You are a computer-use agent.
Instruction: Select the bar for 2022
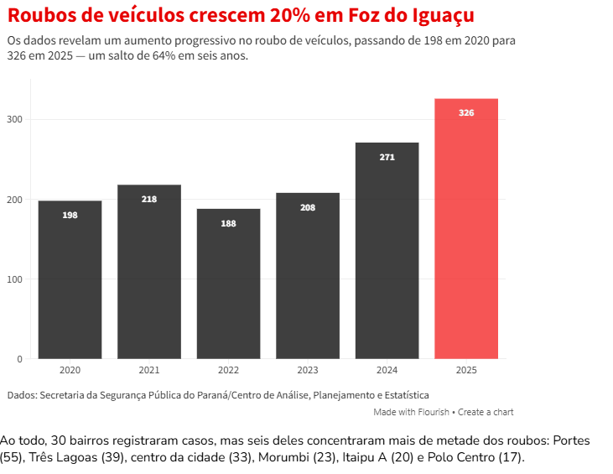[228, 285]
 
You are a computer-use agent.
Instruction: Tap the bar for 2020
[70, 281]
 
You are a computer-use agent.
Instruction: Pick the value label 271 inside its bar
[387, 157]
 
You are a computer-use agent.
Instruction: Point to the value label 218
[149, 199]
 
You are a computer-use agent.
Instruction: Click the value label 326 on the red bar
[466, 112]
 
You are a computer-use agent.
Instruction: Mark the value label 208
[308, 207]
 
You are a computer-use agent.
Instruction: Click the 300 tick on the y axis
[16, 120]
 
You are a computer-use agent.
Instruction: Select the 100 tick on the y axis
[16, 279]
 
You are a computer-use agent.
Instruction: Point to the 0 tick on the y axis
[19, 359]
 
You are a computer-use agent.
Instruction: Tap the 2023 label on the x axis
[308, 370]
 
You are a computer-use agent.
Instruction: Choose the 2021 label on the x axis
[149, 370]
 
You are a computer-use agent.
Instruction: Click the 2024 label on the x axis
[387, 370]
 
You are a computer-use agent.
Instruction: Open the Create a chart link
[486, 412]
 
